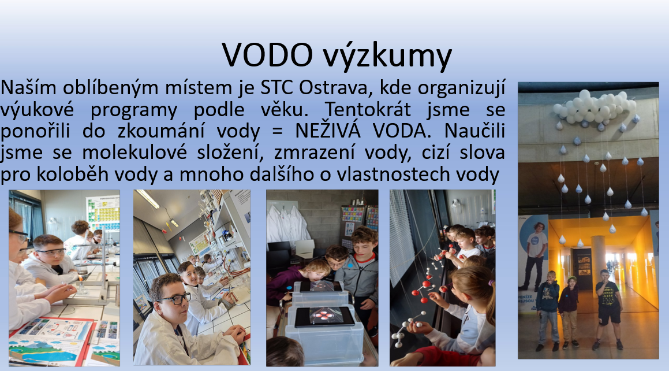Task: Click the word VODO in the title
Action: [x=267, y=54]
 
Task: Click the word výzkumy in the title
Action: [x=387, y=57]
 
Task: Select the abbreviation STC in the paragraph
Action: [x=277, y=87]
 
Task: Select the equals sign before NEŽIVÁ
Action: [x=277, y=132]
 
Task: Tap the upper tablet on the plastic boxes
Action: [x=320, y=286]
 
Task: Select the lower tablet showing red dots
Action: [x=324, y=316]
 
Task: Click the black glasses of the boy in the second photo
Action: [x=174, y=298]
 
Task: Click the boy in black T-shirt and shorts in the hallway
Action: [x=608, y=308]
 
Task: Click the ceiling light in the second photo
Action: [x=148, y=199]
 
